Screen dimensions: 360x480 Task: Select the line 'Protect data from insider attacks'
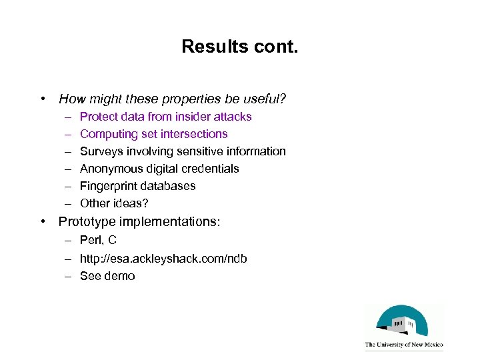(x=165, y=117)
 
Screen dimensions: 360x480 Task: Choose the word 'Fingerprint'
(x=107, y=186)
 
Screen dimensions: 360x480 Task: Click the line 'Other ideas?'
(x=113, y=203)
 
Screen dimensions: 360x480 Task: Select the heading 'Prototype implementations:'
(x=139, y=221)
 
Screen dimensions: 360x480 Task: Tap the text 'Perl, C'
(x=98, y=240)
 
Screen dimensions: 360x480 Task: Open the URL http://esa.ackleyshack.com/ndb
(x=163, y=258)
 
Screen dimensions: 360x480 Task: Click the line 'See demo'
(x=107, y=276)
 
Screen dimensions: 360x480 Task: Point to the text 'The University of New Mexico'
(x=404, y=345)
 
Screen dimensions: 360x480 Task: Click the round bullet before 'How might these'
(x=43, y=99)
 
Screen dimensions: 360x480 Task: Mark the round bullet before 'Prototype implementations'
(x=43, y=221)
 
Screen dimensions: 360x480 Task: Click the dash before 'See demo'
(x=69, y=276)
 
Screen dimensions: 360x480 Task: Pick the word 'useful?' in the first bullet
(x=265, y=99)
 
